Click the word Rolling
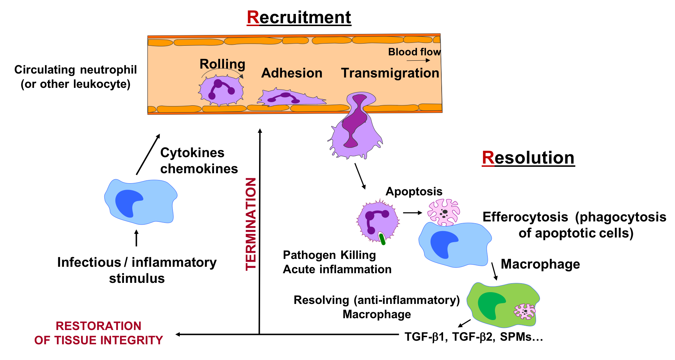click(222, 64)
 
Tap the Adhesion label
click(292, 73)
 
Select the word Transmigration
click(390, 73)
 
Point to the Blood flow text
click(414, 52)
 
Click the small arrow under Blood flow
click(418, 60)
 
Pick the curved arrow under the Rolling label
click(222, 71)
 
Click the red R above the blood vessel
click(253, 17)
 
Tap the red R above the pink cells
click(488, 157)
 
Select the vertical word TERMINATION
click(250, 224)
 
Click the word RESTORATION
click(98, 326)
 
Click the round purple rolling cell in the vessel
click(221, 90)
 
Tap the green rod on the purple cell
click(382, 239)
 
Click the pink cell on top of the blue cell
click(444, 212)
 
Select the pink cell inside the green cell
click(525, 311)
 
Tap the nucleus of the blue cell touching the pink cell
click(443, 244)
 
